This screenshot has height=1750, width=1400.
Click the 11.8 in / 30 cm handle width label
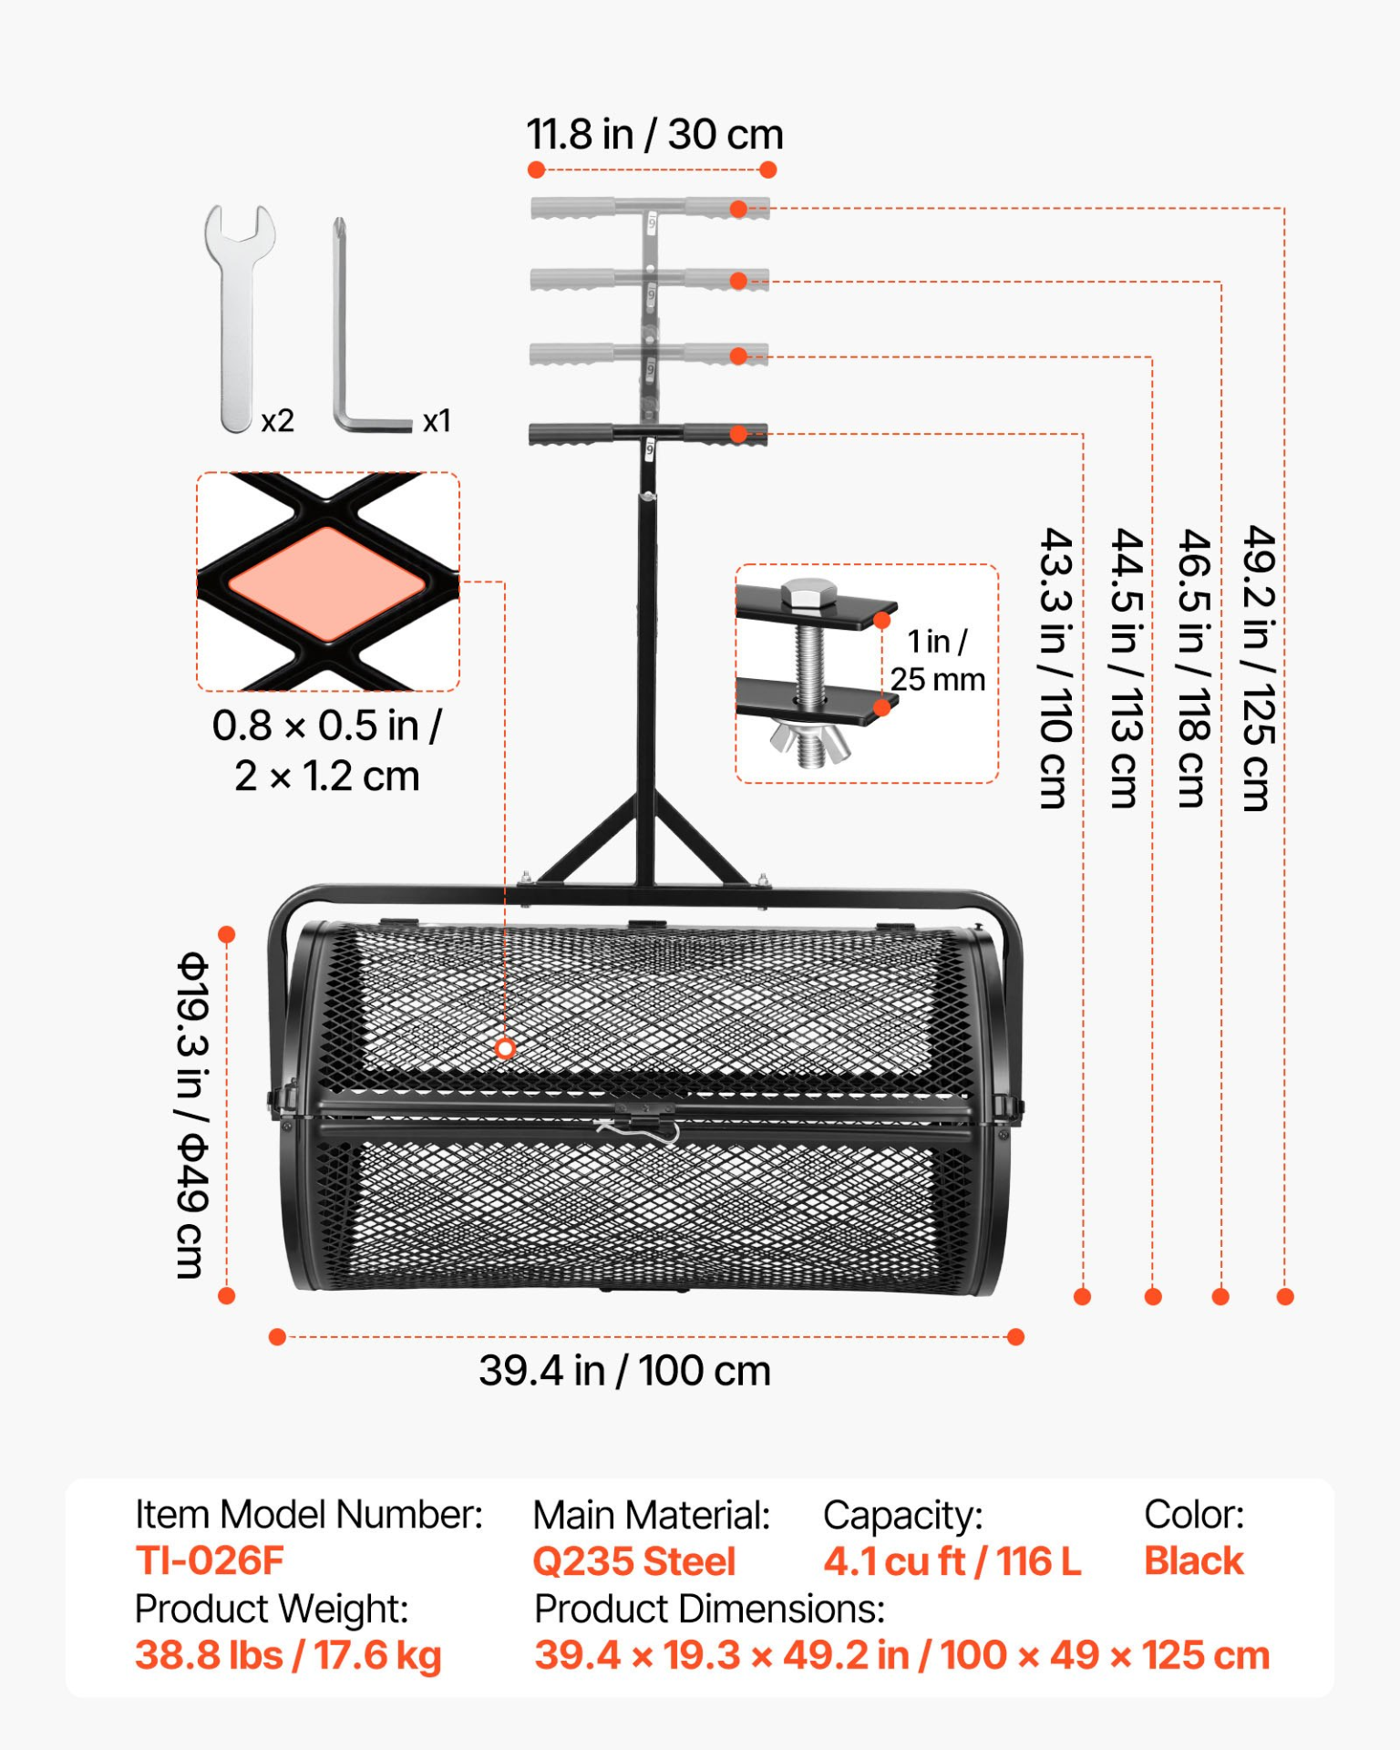(654, 135)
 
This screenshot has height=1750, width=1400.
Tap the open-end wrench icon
(239, 318)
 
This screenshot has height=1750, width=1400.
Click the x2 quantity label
(277, 421)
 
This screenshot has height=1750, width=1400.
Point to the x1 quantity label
(437, 421)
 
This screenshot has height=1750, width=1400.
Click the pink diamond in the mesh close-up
(326, 583)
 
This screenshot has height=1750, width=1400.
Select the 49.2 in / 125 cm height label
(1259, 668)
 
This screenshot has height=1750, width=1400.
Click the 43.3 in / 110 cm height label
(1055, 668)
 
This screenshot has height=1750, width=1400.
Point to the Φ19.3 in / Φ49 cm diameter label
(192, 1116)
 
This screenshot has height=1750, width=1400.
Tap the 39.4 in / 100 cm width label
(625, 1371)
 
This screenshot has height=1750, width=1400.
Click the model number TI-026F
(210, 1560)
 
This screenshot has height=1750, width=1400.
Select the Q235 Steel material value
(633, 1561)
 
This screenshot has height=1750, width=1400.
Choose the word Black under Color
(1193, 1560)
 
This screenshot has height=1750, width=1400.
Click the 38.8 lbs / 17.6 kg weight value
(288, 1655)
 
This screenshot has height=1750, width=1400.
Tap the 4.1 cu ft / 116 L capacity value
(952, 1561)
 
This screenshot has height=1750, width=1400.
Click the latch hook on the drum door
(638, 1130)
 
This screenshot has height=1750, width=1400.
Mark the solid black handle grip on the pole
(647, 435)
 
